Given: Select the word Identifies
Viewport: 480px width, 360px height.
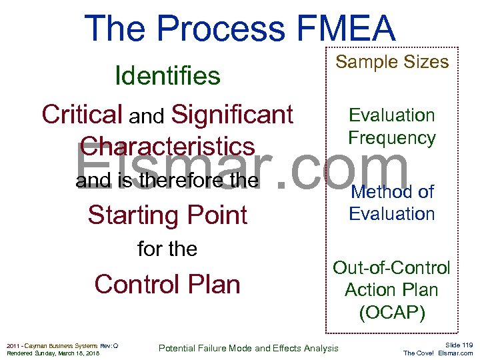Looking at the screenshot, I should tap(167, 76).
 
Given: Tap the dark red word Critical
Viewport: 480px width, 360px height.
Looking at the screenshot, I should tap(82, 115).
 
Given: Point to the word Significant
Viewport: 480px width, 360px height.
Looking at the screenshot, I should tap(232, 115).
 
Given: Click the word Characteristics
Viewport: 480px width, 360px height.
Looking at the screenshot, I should tap(167, 147).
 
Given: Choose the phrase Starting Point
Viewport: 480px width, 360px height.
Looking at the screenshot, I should tap(167, 215).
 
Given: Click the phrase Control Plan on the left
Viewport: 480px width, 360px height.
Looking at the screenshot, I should tap(167, 284).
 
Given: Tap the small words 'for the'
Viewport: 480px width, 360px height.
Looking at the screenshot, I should tap(167, 249).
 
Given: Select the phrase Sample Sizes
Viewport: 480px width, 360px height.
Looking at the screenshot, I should tap(392, 62).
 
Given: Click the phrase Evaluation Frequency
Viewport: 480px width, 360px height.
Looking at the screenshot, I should tap(392, 127).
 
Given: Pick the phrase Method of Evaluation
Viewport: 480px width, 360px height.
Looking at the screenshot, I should tap(392, 203).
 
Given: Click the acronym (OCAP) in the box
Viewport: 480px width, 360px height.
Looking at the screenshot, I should tap(392, 313).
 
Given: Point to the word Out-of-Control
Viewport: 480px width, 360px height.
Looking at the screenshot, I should tap(392, 268).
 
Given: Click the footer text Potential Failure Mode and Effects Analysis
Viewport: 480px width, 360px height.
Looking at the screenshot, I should tap(248, 348).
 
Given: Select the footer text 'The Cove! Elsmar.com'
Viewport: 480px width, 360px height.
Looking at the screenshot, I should tap(438, 353).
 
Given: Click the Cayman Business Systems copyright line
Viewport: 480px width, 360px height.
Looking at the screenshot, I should tap(62, 345).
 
